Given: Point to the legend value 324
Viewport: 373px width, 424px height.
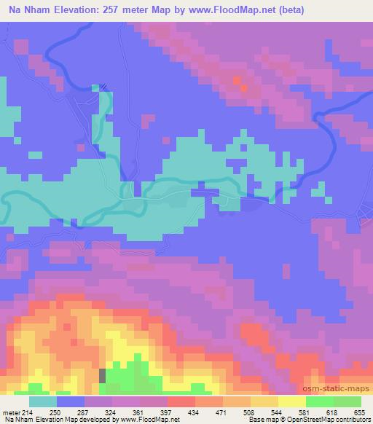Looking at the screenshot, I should tap(114, 412).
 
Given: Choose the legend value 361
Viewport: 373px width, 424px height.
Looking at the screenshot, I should tap(141, 412).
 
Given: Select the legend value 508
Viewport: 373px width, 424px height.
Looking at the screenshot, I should tap(251, 412).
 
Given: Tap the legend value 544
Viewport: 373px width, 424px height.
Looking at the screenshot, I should tap(278, 412).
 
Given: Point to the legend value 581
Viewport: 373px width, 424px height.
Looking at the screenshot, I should tap(305, 412).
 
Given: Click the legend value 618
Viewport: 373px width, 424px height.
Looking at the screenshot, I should tap(333, 412).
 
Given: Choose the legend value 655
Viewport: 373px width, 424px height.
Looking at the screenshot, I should tap(361, 412).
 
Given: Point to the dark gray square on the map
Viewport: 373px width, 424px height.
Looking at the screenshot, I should tap(102, 375).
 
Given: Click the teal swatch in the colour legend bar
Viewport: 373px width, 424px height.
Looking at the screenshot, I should tap(43, 401).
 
